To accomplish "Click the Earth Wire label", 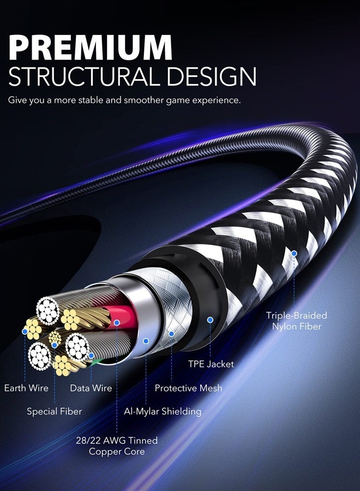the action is pyautogui.click(x=26, y=388).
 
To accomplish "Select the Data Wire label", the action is pyautogui.click(x=91, y=388).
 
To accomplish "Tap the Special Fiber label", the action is pyautogui.click(x=54, y=411).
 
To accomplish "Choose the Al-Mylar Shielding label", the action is pyautogui.click(x=163, y=411).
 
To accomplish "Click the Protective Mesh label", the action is pyautogui.click(x=188, y=388).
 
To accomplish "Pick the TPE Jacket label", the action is pyautogui.click(x=211, y=364).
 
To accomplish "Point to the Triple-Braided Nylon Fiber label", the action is pyautogui.click(x=296, y=321).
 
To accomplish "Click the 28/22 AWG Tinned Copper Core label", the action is pyautogui.click(x=117, y=446).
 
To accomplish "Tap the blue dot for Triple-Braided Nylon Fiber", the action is pyautogui.click(x=294, y=253).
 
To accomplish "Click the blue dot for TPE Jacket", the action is pyautogui.click(x=211, y=320).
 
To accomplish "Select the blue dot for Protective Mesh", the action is pyautogui.click(x=171, y=334).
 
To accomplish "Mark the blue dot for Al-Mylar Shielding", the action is pyautogui.click(x=146, y=341).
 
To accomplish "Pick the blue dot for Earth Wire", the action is pyautogui.click(x=25, y=331).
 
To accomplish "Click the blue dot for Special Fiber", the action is pyautogui.click(x=55, y=345).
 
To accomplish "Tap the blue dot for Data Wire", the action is pyautogui.click(x=91, y=355).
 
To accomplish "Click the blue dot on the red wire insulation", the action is pyautogui.click(x=117, y=322).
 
